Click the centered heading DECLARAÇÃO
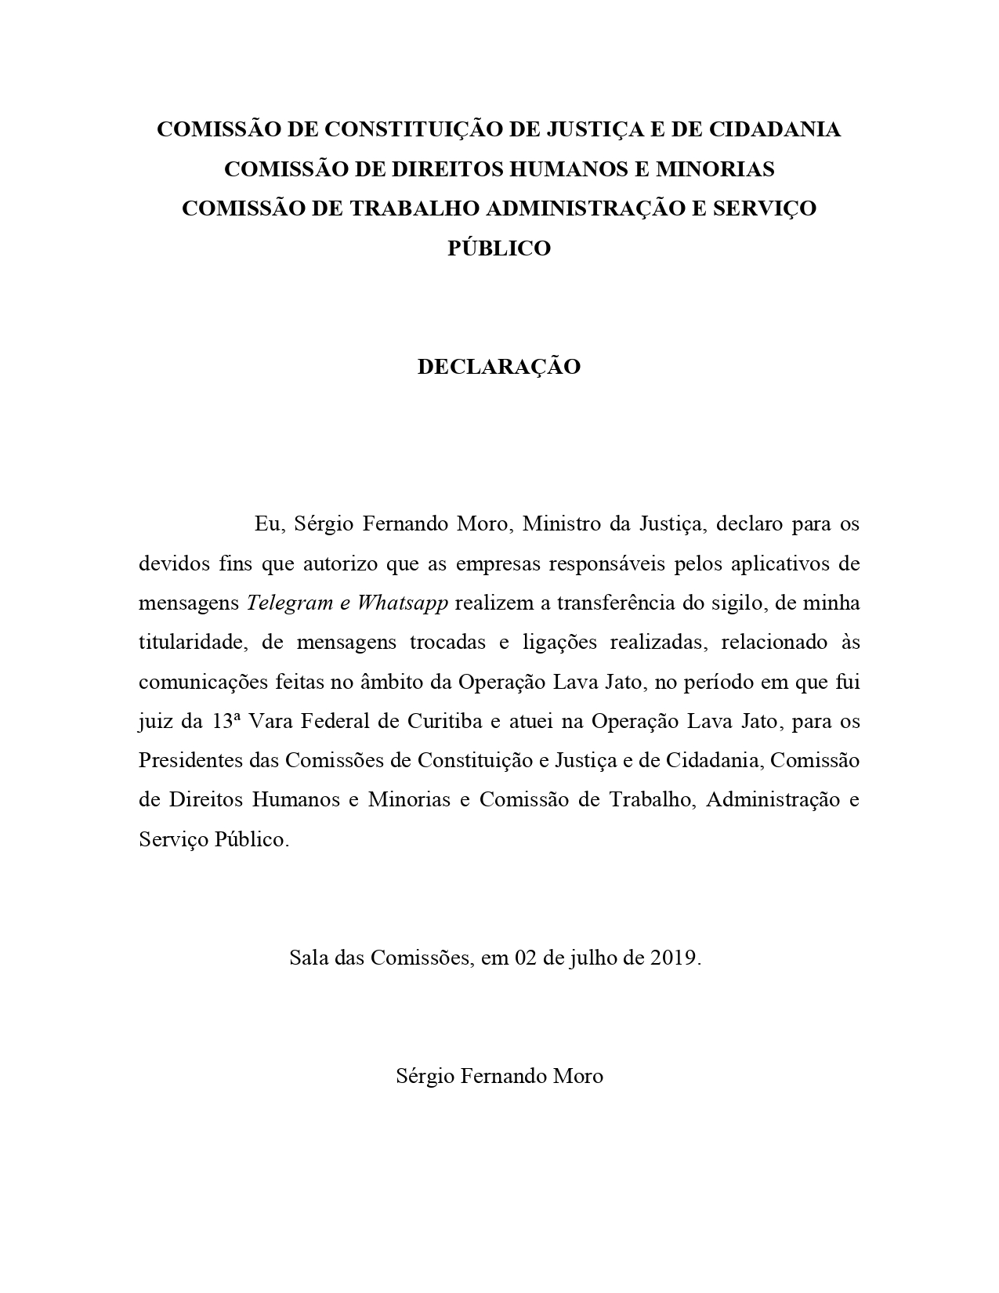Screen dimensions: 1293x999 (498, 367)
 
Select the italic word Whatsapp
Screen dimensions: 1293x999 (403, 603)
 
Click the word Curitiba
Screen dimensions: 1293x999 (444, 721)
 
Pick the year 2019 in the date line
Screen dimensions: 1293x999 (673, 958)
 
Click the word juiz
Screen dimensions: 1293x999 (155, 721)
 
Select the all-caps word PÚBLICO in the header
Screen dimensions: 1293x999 (498, 248)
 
